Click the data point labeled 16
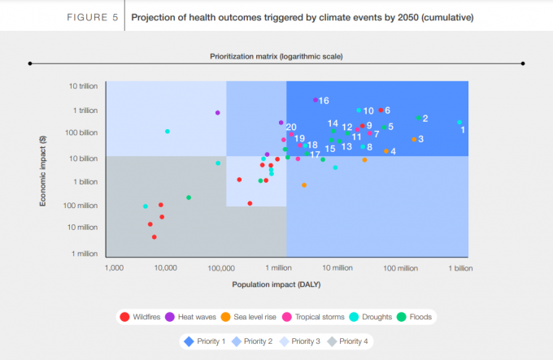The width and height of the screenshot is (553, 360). tap(316, 100)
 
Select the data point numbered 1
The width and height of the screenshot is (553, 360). tap(459, 123)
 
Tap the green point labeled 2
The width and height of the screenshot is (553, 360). tap(419, 118)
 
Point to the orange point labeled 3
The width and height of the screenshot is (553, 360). tap(414, 139)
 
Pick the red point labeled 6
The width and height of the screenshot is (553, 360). tap(381, 110)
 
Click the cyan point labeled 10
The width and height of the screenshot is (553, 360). tap(359, 110)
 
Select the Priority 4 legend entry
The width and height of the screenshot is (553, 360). tap(351, 341)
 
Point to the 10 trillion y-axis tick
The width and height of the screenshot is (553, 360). tap(83, 85)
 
